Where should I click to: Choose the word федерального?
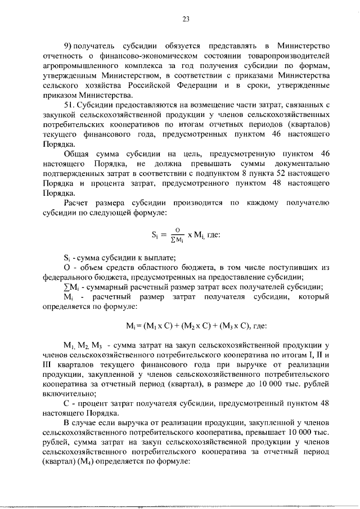(x=71, y=277)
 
